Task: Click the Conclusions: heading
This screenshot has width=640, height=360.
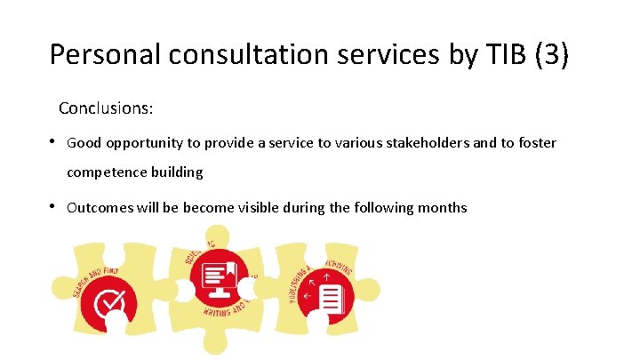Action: pyautogui.click(x=106, y=108)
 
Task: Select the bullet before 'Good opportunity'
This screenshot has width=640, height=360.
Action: pyautogui.click(x=54, y=141)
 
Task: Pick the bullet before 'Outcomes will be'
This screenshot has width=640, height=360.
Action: pyautogui.click(x=54, y=206)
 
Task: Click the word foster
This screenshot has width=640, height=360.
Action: pyautogui.click(x=536, y=142)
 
